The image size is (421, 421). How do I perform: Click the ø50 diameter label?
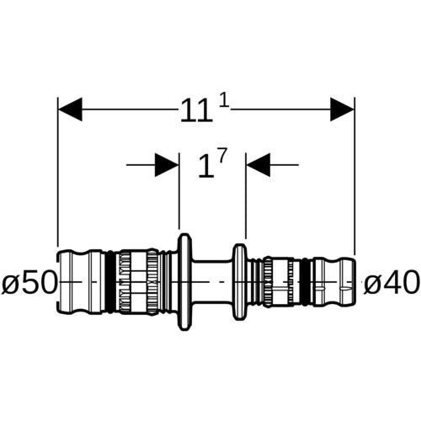pyautogui.click(x=29, y=282)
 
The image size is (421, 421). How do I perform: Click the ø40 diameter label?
pyautogui.click(x=391, y=282)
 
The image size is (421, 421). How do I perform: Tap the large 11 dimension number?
pyautogui.click(x=196, y=110)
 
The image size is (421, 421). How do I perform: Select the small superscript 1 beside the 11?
pyautogui.click(x=224, y=102)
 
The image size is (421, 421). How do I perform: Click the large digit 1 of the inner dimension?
pyautogui.click(x=206, y=167)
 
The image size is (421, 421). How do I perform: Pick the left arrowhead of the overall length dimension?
pyautogui.click(x=70, y=109)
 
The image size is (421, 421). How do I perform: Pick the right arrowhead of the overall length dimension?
pyautogui.click(x=342, y=109)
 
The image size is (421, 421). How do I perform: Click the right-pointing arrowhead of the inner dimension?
pyautogui.click(x=167, y=165)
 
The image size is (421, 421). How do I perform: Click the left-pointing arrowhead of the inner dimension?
pyautogui.click(x=258, y=165)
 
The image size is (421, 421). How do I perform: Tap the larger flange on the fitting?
pyautogui.click(x=185, y=282)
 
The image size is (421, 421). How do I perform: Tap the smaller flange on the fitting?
pyautogui.click(x=240, y=282)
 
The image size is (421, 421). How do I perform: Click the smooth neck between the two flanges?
pyautogui.click(x=213, y=282)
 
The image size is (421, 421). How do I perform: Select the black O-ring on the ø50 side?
pyautogui.click(x=112, y=282)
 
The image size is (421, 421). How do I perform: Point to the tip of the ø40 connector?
pyautogui.click(x=354, y=282)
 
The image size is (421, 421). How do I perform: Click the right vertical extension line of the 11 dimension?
pyautogui.click(x=354, y=176)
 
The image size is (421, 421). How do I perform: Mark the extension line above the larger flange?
pyautogui.click(x=179, y=191)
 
